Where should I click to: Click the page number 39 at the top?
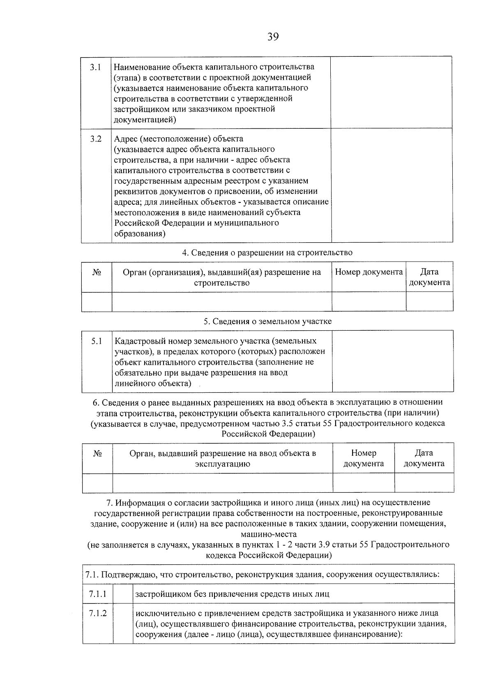click(273, 37)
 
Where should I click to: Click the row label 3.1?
click(96, 67)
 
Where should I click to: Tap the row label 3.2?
click(96, 139)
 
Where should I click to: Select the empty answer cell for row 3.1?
click(391, 93)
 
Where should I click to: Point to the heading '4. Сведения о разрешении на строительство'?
click(267, 253)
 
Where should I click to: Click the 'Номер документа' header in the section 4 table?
click(369, 272)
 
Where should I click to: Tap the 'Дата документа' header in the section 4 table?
click(429, 277)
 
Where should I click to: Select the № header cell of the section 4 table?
click(97, 273)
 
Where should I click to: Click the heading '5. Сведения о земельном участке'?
click(267, 322)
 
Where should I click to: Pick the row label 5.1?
click(97, 341)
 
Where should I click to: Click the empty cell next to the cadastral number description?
click(393, 361)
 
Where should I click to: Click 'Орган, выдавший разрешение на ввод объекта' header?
click(222, 459)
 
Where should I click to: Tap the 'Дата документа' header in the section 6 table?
click(424, 458)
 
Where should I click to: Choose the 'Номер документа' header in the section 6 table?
click(364, 458)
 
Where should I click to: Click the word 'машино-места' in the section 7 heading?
click(269, 534)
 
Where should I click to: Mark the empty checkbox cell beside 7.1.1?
click(123, 594)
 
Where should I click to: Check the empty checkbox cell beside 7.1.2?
click(123, 624)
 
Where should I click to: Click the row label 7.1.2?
click(98, 613)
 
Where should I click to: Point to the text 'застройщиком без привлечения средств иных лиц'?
click(232, 594)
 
